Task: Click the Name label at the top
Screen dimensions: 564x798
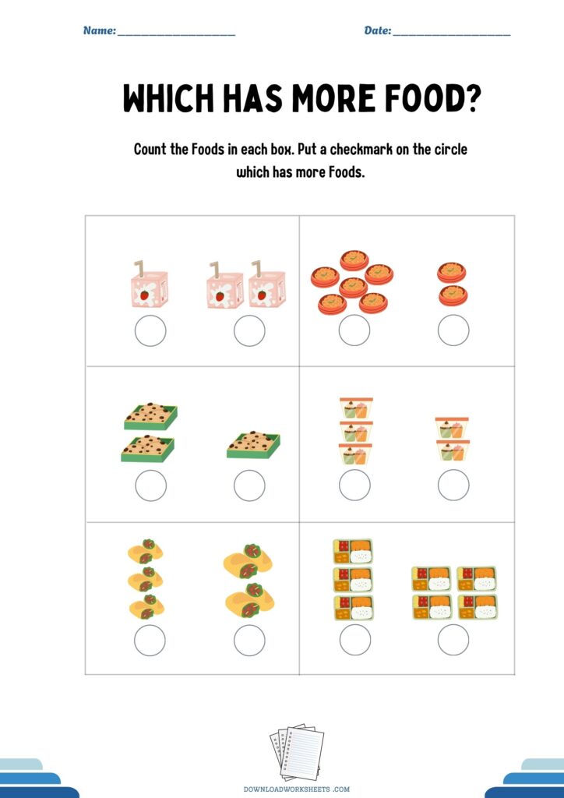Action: tap(100, 30)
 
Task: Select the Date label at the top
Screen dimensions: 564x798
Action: tap(377, 30)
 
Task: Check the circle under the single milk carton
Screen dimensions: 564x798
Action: tap(150, 330)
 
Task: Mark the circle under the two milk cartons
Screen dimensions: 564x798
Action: tap(249, 330)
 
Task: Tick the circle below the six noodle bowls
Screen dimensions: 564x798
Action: tap(354, 330)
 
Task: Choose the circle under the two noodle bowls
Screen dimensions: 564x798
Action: tap(453, 330)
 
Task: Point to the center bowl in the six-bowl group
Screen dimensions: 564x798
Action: tap(353, 287)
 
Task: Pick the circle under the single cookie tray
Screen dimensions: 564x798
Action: tap(249, 486)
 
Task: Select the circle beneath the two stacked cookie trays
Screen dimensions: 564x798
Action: tap(150, 486)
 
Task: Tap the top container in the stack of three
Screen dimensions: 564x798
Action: tap(356, 408)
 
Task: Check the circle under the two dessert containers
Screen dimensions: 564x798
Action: tap(453, 485)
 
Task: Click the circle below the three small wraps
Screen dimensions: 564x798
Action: tap(150, 641)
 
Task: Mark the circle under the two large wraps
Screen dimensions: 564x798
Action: tap(249, 641)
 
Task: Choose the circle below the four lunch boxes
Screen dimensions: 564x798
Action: tap(453, 640)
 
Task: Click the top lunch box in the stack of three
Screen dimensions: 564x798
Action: tap(353, 551)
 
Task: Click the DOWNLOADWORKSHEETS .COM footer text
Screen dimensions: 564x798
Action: tap(297, 789)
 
